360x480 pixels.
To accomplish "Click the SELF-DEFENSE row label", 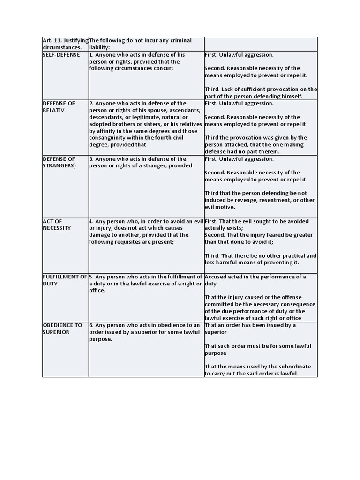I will [x=61, y=55].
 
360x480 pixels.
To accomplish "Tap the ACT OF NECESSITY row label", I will [x=57, y=225].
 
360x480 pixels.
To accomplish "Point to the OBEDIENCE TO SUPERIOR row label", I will [x=62, y=329].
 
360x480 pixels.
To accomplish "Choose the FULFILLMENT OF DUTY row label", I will [x=65, y=280].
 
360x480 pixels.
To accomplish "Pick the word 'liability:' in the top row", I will [x=99, y=48].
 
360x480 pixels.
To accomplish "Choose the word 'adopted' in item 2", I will [x=100, y=124].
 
